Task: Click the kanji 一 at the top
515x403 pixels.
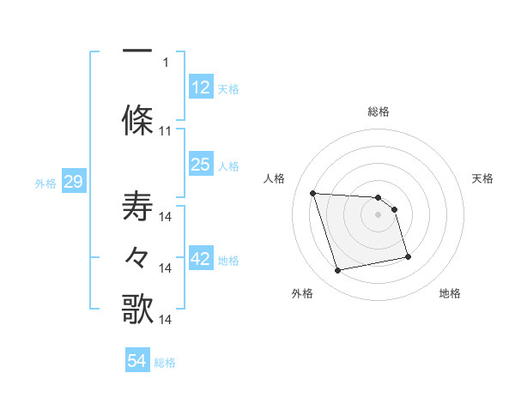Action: pos(137,51)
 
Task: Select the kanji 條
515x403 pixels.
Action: pos(137,119)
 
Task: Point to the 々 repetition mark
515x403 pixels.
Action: pos(137,258)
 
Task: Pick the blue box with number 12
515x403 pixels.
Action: pos(200,87)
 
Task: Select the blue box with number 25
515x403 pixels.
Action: pos(200,165)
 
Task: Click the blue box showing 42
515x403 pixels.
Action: pos(200,260)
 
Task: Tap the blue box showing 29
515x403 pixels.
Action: pos(72,182)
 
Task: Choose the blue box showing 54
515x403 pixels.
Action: pos(137,362)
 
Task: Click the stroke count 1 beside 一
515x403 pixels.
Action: pos(166,62)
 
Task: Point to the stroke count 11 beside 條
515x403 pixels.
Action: pos(166,131)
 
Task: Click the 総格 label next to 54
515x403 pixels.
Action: pos(165,363)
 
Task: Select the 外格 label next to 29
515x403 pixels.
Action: pos(45,183)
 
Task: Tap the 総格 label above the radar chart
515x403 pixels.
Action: pos(378,111)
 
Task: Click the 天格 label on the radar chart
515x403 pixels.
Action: pos(483,178)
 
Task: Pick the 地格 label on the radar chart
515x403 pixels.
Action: pos(450,293)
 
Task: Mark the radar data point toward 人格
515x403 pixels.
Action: pos(312,193)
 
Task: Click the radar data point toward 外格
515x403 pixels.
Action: pos(338,271)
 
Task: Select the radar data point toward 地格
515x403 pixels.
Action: pos(408,256)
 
